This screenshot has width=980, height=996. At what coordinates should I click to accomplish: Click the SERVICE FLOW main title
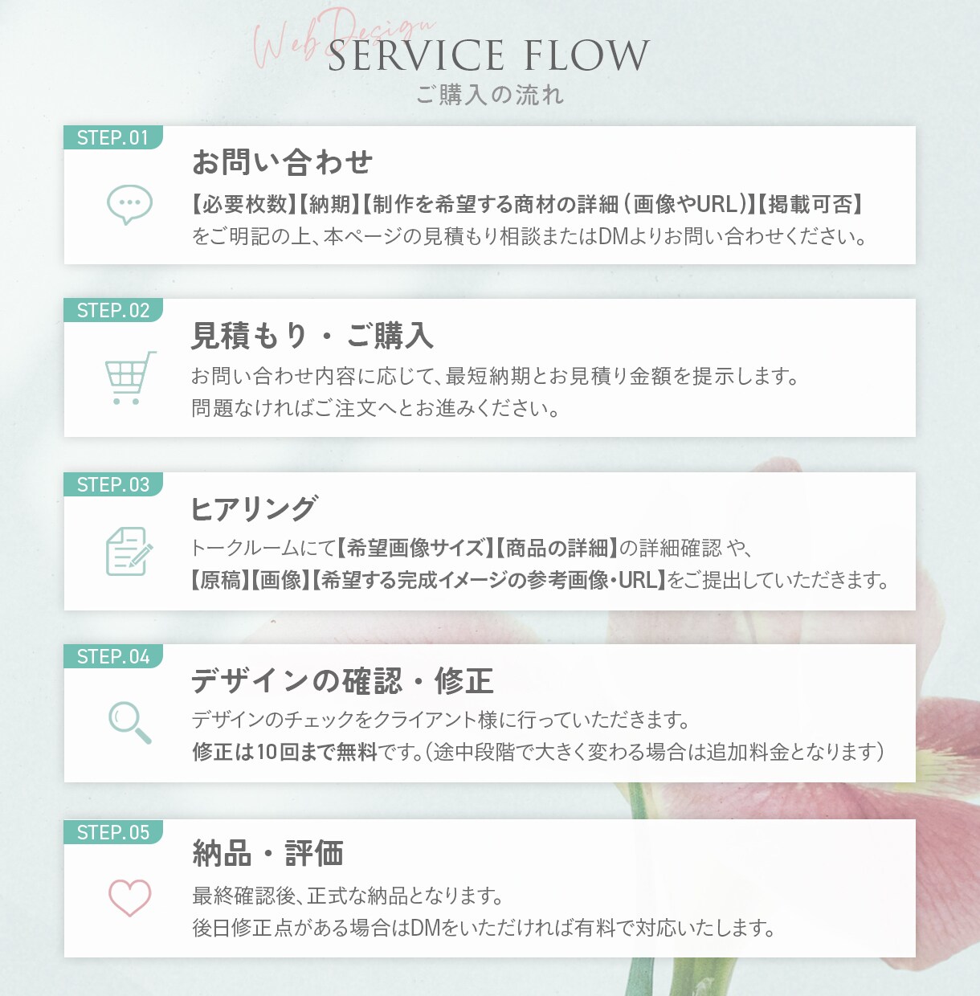tap(488, 55)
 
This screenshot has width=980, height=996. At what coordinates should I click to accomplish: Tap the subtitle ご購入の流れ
tap(490, 95)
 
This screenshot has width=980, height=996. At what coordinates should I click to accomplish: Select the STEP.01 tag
tap(112, 137)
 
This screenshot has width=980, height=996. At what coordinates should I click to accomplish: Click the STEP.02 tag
tap(112, 310)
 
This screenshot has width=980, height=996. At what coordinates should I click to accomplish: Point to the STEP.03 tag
tap(112, 484)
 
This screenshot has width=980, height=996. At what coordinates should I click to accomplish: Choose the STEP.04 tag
tap(112, 656)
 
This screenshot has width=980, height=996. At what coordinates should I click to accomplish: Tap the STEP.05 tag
tap(112, 832)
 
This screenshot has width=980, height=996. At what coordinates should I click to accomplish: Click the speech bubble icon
tap(129, 204)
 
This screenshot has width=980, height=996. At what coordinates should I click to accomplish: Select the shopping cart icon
tap(129, 378)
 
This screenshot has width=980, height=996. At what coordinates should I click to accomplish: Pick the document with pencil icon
tap(129, 551)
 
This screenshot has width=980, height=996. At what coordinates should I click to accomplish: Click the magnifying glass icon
tap(129, 723)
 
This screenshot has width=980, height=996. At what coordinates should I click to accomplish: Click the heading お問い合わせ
tap(282, 161)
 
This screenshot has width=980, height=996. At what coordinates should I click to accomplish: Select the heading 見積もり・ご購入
tap(312, 336)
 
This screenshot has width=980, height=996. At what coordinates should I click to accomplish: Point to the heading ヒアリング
tap(253, 508)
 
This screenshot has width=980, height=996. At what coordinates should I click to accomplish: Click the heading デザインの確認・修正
tap(342, 680)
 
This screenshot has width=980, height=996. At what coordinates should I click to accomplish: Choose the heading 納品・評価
tap(267, 853)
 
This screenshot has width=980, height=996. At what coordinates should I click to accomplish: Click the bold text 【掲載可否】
tap(810, 204)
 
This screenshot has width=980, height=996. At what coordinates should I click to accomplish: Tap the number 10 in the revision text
tap(267, 752)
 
